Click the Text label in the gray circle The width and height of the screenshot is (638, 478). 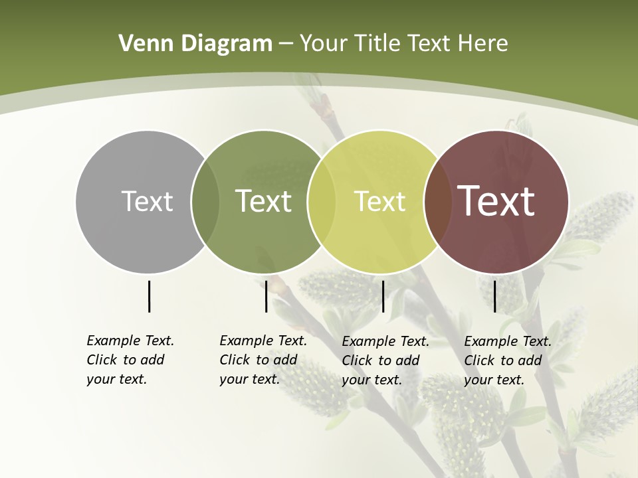pyautogui.click(x=147, y=201)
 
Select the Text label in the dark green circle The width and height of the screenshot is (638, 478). pyautogui.click(x=264, y=201)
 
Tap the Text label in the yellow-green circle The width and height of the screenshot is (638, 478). pyautogui.click(x=379, y=201)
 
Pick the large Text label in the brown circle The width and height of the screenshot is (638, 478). pyautogui.click(x=496, y=201)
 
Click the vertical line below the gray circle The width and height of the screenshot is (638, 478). pyautogui.click(x=149, y=296)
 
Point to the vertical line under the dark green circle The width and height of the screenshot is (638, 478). pyautogui.click(x=266, y=296)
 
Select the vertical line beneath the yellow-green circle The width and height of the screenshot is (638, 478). pyautogui.click(x=383, y=296)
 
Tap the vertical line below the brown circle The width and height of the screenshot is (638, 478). pyautogui.click(x=494, y=296)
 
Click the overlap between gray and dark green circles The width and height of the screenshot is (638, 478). pyautogui.click(x=205, y=202)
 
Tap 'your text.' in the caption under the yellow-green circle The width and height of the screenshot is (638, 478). pyautogui.click(x=372, y=380)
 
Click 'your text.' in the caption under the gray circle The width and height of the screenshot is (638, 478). pyautogui.click(x=117, y=380)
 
